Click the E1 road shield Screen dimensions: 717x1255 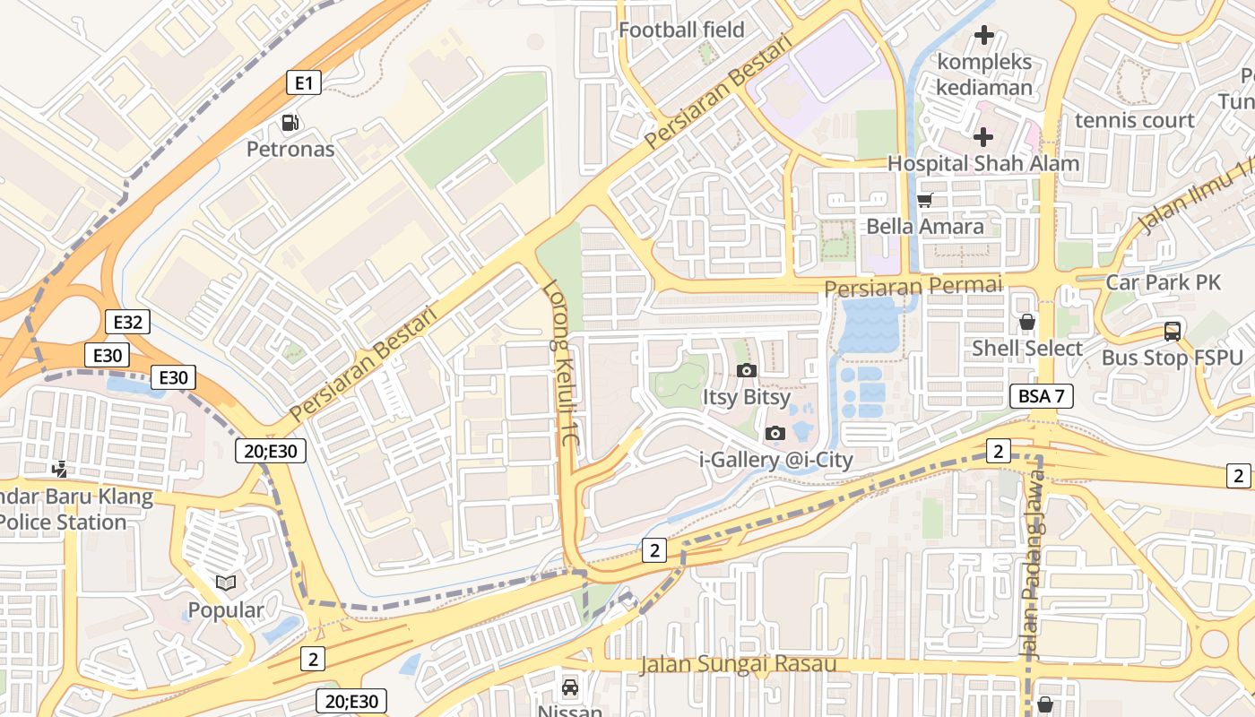coord(304,83)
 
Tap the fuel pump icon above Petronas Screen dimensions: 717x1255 coord(290,123)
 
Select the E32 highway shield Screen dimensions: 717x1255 coord(127,323)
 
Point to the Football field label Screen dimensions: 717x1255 coord(681,30)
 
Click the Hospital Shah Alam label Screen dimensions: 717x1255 coord(982,164)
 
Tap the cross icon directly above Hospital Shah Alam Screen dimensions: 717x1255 coord(983,137)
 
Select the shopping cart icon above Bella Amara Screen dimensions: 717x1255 coord(924,200)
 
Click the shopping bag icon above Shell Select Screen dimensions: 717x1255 coord(1027,322)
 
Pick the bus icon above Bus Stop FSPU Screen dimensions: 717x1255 coord(1172,332)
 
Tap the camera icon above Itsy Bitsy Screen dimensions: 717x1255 coord(746,371)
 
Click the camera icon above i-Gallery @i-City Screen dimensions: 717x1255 coord(775,434)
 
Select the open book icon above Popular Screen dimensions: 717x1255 coord(226,583)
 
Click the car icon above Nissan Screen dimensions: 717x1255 coord(569,687)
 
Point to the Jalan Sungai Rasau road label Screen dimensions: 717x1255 coord(738,664)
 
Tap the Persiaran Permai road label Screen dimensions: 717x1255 coord(913,286)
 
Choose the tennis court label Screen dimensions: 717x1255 coord(1134,120)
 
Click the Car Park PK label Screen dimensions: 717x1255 coord(1163,282)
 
